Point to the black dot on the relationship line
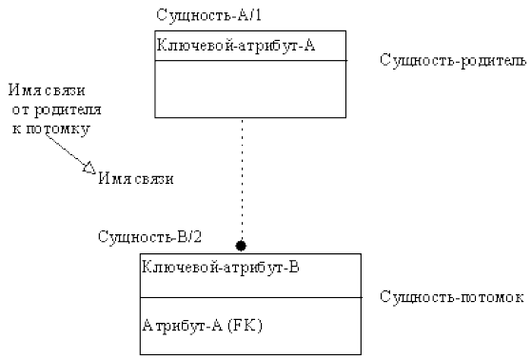pos(242,245)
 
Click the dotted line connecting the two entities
pos(242,181)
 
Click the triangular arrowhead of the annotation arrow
pos(88,169)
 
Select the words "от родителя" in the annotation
pos(57,110)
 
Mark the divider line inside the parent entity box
pos(250,61)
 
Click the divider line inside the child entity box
pos(250,297)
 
